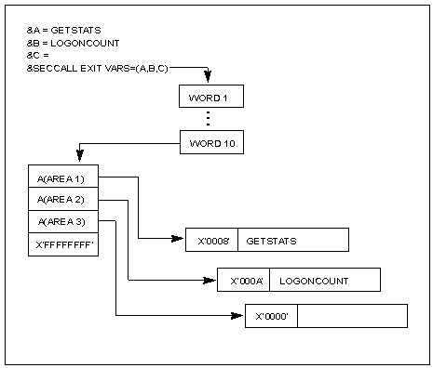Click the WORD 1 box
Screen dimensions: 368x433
(x=210, y=97)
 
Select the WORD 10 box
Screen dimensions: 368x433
(x=210, y=142)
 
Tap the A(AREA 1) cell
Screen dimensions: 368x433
(x=61, y=177)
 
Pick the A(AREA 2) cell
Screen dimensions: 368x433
(x=61, y=200)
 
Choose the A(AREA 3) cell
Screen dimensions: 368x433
(x=61, y=222)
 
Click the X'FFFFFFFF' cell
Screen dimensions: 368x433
(x=61, y=244)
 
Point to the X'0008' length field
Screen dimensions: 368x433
(x=212, y=240)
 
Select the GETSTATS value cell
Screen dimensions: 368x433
(x=293, y=240)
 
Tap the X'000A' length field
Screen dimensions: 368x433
(x=244, y=280)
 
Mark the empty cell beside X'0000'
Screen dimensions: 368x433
(x=353, y=316)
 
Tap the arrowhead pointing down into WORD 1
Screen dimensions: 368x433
(x=210, y=79)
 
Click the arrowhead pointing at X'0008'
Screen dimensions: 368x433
(x=180, y=240)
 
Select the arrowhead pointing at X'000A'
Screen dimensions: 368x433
(x=211, y=280)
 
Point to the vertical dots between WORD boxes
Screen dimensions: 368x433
(x=210, y=119)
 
